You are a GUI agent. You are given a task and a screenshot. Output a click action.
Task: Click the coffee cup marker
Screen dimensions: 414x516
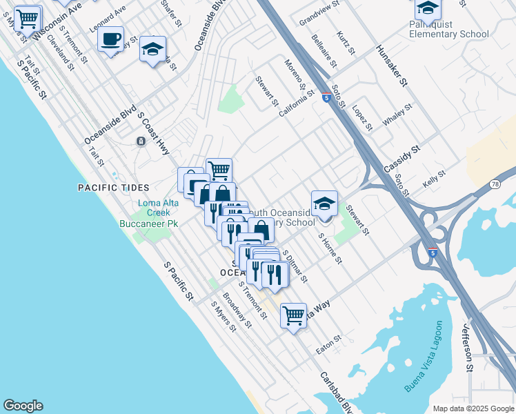[110, 40]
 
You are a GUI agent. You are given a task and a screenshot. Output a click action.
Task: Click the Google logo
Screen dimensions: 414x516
[23, 406]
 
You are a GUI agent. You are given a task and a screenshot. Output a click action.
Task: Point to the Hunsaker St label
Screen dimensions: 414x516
[393, 66]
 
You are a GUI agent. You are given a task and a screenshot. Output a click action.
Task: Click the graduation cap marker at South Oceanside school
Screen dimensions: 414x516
[324, 204]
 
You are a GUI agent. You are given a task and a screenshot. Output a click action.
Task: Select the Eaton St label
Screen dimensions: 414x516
[329, 342]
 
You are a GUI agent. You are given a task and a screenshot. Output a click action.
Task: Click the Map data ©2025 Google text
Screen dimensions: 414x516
[473, 408]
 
